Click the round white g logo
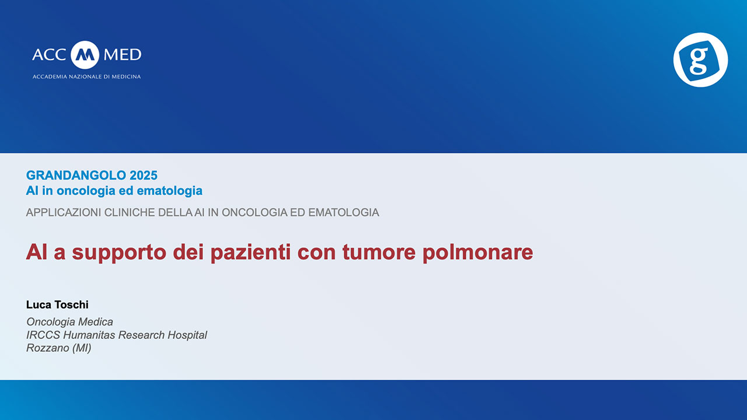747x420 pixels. (700, 60)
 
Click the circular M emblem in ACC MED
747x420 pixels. (85, 55)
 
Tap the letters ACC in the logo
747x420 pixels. (50, 55)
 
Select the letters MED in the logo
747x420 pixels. (122, 55)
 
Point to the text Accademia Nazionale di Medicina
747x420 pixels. (86, 76)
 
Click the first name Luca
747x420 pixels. (37, 305)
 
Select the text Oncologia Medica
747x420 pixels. (69, 321)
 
